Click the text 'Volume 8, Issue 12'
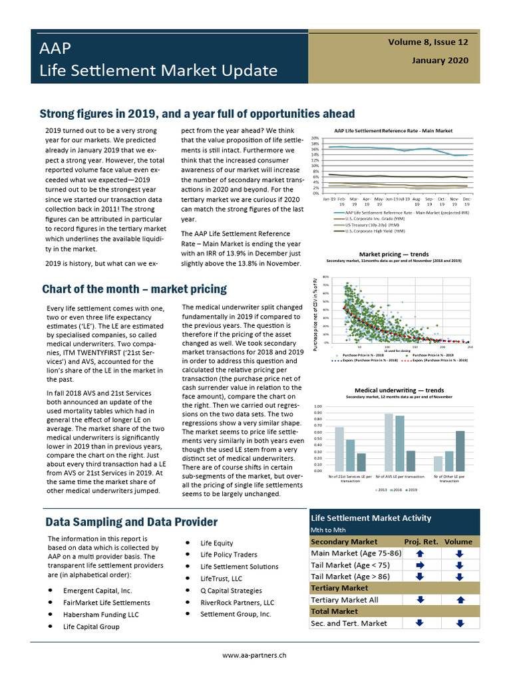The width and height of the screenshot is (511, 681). point(428,42)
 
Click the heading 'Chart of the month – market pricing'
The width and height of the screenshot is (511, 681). point(134,289)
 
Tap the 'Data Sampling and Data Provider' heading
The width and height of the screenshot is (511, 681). point(131,522)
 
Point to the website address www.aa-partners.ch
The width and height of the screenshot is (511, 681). point(255,655)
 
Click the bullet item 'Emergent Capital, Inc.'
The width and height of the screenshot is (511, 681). point(97,591)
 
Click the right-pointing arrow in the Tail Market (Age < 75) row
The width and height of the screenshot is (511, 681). point(420,565)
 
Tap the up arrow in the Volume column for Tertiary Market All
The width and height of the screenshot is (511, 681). point(459,600)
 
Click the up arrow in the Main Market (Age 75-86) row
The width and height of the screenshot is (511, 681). point(420,553)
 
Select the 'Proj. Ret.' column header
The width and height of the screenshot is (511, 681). point(421,541)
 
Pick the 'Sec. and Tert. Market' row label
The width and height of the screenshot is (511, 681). point(349,623)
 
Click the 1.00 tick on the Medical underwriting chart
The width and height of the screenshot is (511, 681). point(317,406)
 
